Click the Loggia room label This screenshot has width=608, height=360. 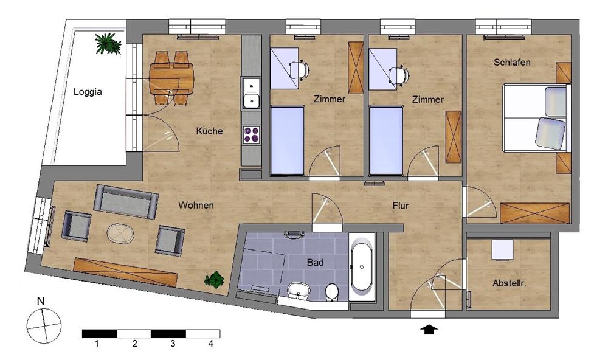88,92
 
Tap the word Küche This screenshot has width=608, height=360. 209,131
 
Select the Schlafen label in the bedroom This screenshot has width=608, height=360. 512,62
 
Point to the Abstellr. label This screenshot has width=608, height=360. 509,283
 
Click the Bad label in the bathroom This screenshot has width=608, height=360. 315,263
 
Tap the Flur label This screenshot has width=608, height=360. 401,206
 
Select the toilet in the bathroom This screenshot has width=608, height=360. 331,292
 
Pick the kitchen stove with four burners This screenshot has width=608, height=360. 251,134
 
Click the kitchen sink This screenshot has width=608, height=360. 251,93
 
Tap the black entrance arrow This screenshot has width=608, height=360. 429,330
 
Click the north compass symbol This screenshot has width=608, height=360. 44,325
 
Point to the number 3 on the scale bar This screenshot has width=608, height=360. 173,344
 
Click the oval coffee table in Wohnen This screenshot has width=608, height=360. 120,234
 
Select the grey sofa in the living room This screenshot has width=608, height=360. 126,202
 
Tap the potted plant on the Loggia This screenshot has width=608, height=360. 108,43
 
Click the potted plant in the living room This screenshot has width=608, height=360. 215,279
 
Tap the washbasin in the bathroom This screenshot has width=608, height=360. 298,290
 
